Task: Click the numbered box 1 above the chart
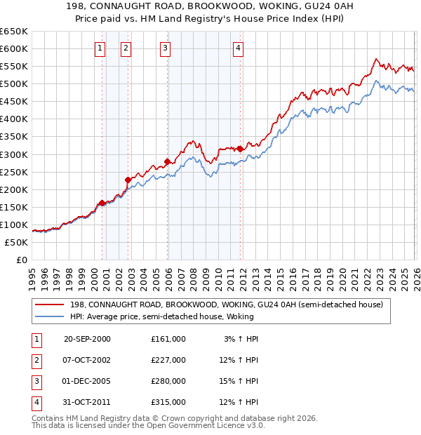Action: pyautogui.click(x=100, y=48)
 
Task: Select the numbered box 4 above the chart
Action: pyautogui.click(x=239, y=48)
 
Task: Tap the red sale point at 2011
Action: pyautogui.click(x=240, y=149)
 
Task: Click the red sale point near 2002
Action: pyautogui.click(x=128, y=180)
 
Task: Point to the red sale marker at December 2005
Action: pyautogui.click(x=167, y=161)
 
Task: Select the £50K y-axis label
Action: pyautogui.click(x=16, y=242)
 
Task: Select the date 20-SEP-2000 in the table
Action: pyautogui.click(x=87, y=339)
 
